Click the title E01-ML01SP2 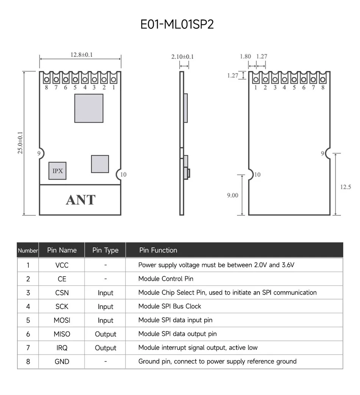pos(177,24)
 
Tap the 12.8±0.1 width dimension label pos(81,55)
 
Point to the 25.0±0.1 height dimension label pos(20,143)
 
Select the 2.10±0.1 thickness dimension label pos(183,57)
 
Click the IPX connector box pos(57,171)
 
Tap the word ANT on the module pos(81,200)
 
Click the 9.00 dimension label pos(232,195)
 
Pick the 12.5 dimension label pos(345,187)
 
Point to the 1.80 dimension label pos(245,56)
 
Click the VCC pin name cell pos(62,265)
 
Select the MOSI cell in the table pos(62,320)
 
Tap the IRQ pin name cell pos(62,348)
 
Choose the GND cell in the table pos(62,362)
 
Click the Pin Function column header pos(158,250)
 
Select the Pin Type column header pos(105,250)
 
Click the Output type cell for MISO pos(105,334)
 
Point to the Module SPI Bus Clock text pos(170,306)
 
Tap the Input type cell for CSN pos(105,293)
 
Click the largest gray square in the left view pos(89,108)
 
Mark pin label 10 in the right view pos(257,175)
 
